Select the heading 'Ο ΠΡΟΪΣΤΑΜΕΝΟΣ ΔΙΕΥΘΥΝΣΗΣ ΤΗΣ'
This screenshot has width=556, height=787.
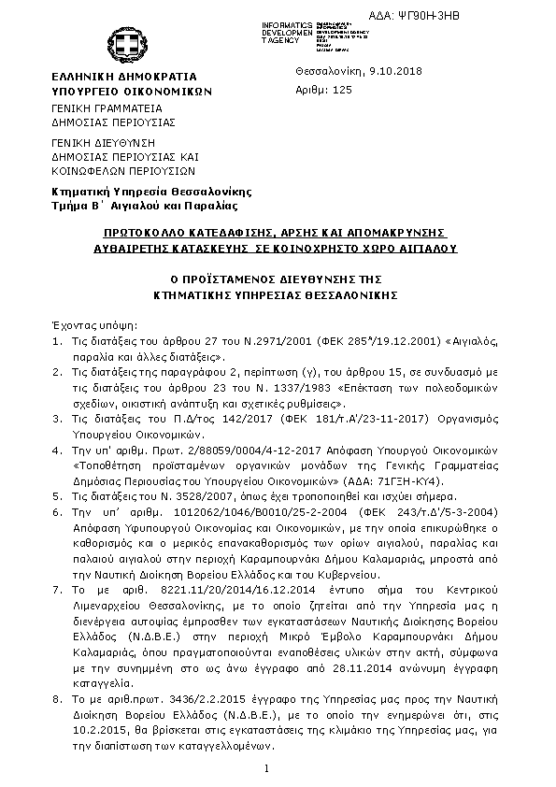pyautogui.click(x=278, y=279)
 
